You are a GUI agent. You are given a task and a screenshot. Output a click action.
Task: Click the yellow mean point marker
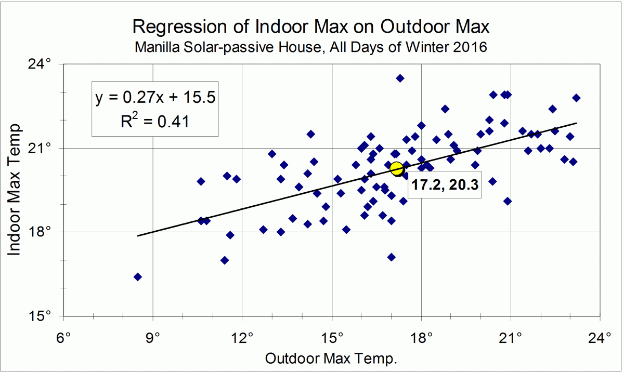click(397, 169)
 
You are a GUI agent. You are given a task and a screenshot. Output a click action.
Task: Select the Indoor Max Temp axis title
click(15, 190)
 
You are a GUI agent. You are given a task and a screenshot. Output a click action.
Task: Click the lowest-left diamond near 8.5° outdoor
click(138, 277)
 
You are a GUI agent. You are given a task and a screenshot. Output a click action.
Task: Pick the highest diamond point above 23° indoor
click(400, 78)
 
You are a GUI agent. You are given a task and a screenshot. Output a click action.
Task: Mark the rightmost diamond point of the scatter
click(576, 98)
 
